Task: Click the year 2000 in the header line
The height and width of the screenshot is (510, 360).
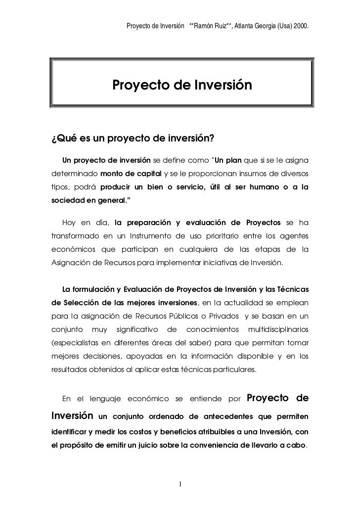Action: pyautogui.click(x=303, y=25)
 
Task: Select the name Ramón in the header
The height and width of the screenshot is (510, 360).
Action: pyautogui.click(x=205, y=25)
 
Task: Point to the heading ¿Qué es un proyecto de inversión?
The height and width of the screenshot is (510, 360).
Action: pyautogui.click(x=134, y=137)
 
